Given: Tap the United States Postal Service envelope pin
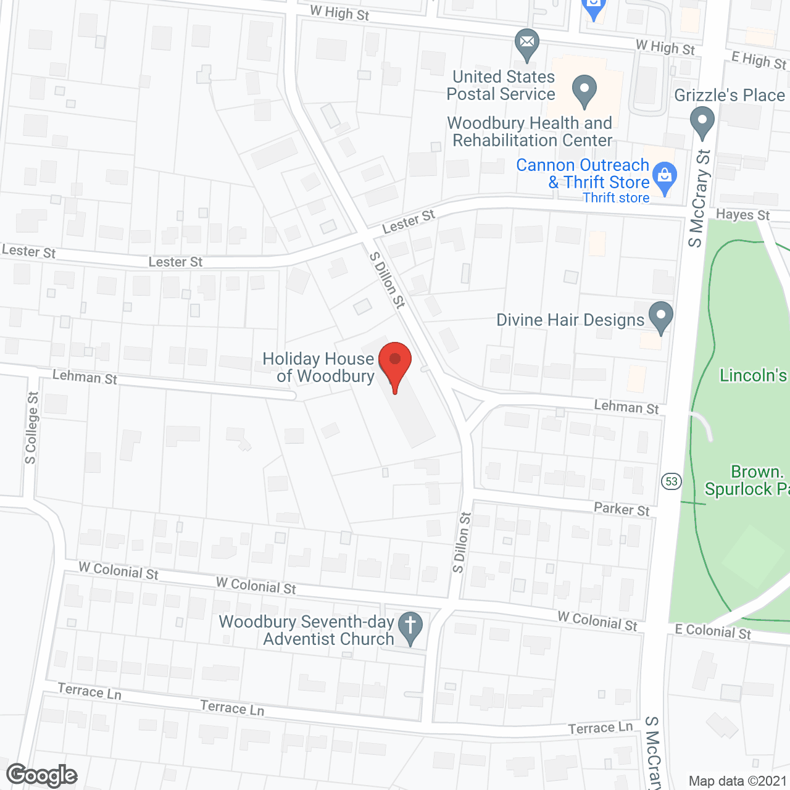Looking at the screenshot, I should point(526,43).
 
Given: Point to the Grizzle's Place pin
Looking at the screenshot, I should point(702,121).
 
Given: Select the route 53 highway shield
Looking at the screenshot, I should point(671,481).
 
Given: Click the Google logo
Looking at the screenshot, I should point(42,775).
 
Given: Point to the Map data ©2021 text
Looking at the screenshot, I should point(738,781).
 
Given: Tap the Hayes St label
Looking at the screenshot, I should point(742,215).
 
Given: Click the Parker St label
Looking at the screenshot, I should point(622,509).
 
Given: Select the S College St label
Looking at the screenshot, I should point(31,427).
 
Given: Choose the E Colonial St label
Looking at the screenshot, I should point(713,631).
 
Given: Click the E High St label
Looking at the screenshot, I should point(759,60).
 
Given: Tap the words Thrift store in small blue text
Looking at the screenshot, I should point(616,198).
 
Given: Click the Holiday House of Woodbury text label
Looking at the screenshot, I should point(318,367).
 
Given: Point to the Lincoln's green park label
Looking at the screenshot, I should point(754,375).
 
